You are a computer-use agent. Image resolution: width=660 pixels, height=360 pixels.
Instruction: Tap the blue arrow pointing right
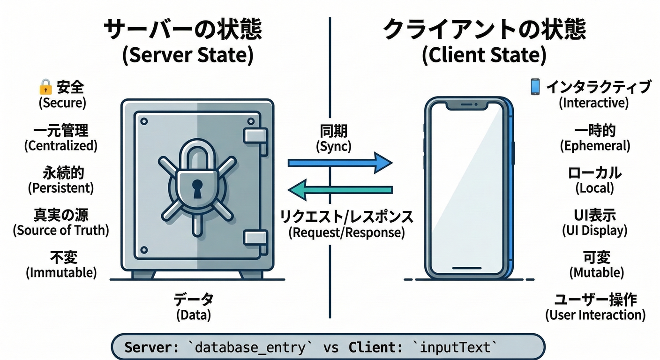(x=340, y=163)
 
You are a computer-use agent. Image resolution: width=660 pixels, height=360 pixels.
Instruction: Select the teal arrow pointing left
(x=340, y=190)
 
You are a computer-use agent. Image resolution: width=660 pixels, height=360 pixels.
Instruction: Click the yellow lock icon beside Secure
(x=45, y=87)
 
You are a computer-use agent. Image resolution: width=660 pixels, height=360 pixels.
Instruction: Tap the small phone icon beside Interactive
(x=535, y=87)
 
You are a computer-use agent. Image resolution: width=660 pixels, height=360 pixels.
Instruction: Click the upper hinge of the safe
(x=255, y=135)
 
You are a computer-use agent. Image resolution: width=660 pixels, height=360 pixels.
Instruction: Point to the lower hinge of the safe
(x=255, y=237)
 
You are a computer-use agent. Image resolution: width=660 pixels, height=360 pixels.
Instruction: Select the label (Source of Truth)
(x=61, y=230)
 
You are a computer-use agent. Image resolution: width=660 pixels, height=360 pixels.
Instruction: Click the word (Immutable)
(x=61, y=272)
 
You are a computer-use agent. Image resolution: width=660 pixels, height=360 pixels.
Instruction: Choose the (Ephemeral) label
(x=595, y=146)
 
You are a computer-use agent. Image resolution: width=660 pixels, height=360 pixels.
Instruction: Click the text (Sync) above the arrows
(x=334, y=146)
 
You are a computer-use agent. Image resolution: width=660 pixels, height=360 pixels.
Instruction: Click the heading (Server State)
(x=187, y=55)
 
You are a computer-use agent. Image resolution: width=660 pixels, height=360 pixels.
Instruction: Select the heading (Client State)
(x=484, y=55)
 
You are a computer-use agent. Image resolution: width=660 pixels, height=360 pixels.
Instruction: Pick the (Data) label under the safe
(x=194, y=315)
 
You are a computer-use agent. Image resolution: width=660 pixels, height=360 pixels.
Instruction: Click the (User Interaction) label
(x=595, y=315)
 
